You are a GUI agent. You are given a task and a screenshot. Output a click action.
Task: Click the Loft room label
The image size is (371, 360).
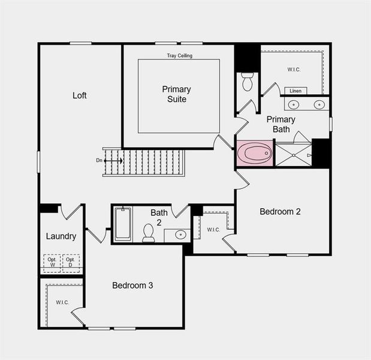[80, 95]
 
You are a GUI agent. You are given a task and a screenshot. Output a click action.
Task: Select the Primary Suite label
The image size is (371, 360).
[177, 94]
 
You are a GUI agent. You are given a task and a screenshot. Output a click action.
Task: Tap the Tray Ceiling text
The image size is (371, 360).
[179, 56]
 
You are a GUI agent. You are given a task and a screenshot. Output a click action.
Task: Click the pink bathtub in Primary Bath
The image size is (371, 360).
[255, 153]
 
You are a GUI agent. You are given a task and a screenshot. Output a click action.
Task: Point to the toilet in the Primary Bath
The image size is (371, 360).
[248, 82]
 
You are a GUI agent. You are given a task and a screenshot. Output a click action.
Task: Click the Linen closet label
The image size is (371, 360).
[295, 91]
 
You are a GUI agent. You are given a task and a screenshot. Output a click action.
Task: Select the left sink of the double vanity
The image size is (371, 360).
[294, 104]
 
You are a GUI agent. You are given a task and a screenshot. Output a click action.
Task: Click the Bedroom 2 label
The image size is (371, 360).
[280, 211]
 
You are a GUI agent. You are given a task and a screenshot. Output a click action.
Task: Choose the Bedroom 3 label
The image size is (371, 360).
[132, 285]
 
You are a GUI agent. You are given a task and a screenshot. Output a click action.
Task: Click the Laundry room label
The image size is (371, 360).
[61, 236]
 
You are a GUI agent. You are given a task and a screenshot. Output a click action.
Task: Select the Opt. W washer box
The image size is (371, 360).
[52, 262]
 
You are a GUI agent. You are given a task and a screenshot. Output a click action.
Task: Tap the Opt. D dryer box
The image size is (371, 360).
[71, 262]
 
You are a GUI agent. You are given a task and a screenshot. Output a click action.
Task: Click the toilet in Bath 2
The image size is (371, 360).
[148, 233]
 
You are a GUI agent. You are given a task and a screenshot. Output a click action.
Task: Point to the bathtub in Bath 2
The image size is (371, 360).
[123, 223]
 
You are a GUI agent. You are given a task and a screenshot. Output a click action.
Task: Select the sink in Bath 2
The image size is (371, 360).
[179, 235]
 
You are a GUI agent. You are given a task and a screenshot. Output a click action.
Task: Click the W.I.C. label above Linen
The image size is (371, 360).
[294, 70]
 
